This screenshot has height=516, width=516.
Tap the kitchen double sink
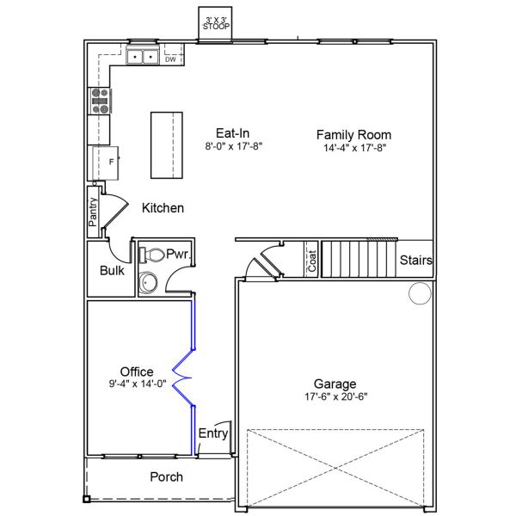(x=142, y=58)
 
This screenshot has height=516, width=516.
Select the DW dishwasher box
(x=170, y=59)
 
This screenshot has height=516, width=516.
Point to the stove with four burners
(x=99, y=102)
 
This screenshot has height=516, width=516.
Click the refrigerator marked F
(x=104, y=162)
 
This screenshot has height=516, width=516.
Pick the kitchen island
(x=168, y=144)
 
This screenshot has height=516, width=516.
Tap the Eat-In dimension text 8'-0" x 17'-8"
(x=232, y=147)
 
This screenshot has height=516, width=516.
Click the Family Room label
(x=353, y=134)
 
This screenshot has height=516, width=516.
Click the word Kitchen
(x=163, y=208)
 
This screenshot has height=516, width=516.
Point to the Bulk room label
(x=112, y=270)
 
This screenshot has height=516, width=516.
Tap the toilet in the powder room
(x=152, y=255)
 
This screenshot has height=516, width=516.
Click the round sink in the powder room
(x=150, y=282)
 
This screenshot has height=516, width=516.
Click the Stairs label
(x=416, y=261)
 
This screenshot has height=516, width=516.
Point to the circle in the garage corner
(x=419, y=295)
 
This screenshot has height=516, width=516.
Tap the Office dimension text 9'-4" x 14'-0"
(x=137, y=384)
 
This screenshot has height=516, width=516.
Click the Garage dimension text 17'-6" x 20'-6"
(x=335, y=396)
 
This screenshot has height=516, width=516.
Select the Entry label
(x=213, y=433)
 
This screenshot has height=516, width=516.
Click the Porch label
(x=166, y=476)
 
